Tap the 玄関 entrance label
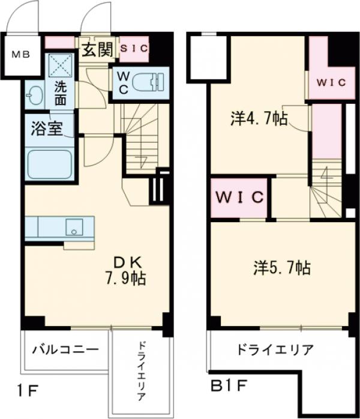click(97, 50)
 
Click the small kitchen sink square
click(74, 229)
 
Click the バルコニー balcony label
click(65, 348)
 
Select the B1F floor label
click(226, 384)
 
